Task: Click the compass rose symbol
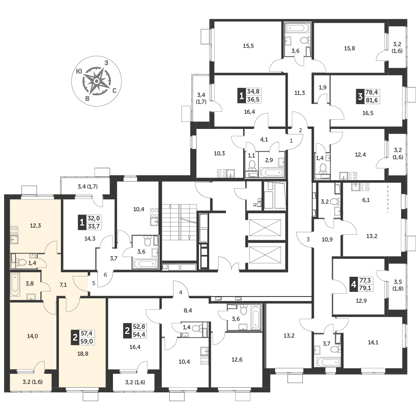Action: click(97, 81)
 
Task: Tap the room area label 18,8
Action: click(83, 354)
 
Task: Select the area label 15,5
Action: click(248, 46)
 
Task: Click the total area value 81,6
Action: click(372, 100)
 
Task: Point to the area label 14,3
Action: click(90, 239)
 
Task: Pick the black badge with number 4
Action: click(354, 284)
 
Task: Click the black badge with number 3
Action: click(360, 96)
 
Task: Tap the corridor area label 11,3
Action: click(299, 93)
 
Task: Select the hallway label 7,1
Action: click(63, 285)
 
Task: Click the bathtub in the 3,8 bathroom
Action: click(15, 284)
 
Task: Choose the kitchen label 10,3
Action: click(219, 153)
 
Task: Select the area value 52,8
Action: click(139, 327)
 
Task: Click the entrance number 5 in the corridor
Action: click(94, 283)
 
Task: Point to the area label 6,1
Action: click(366, 200)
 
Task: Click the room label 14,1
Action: click(373, 342)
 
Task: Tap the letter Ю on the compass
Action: click(79, 71)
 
